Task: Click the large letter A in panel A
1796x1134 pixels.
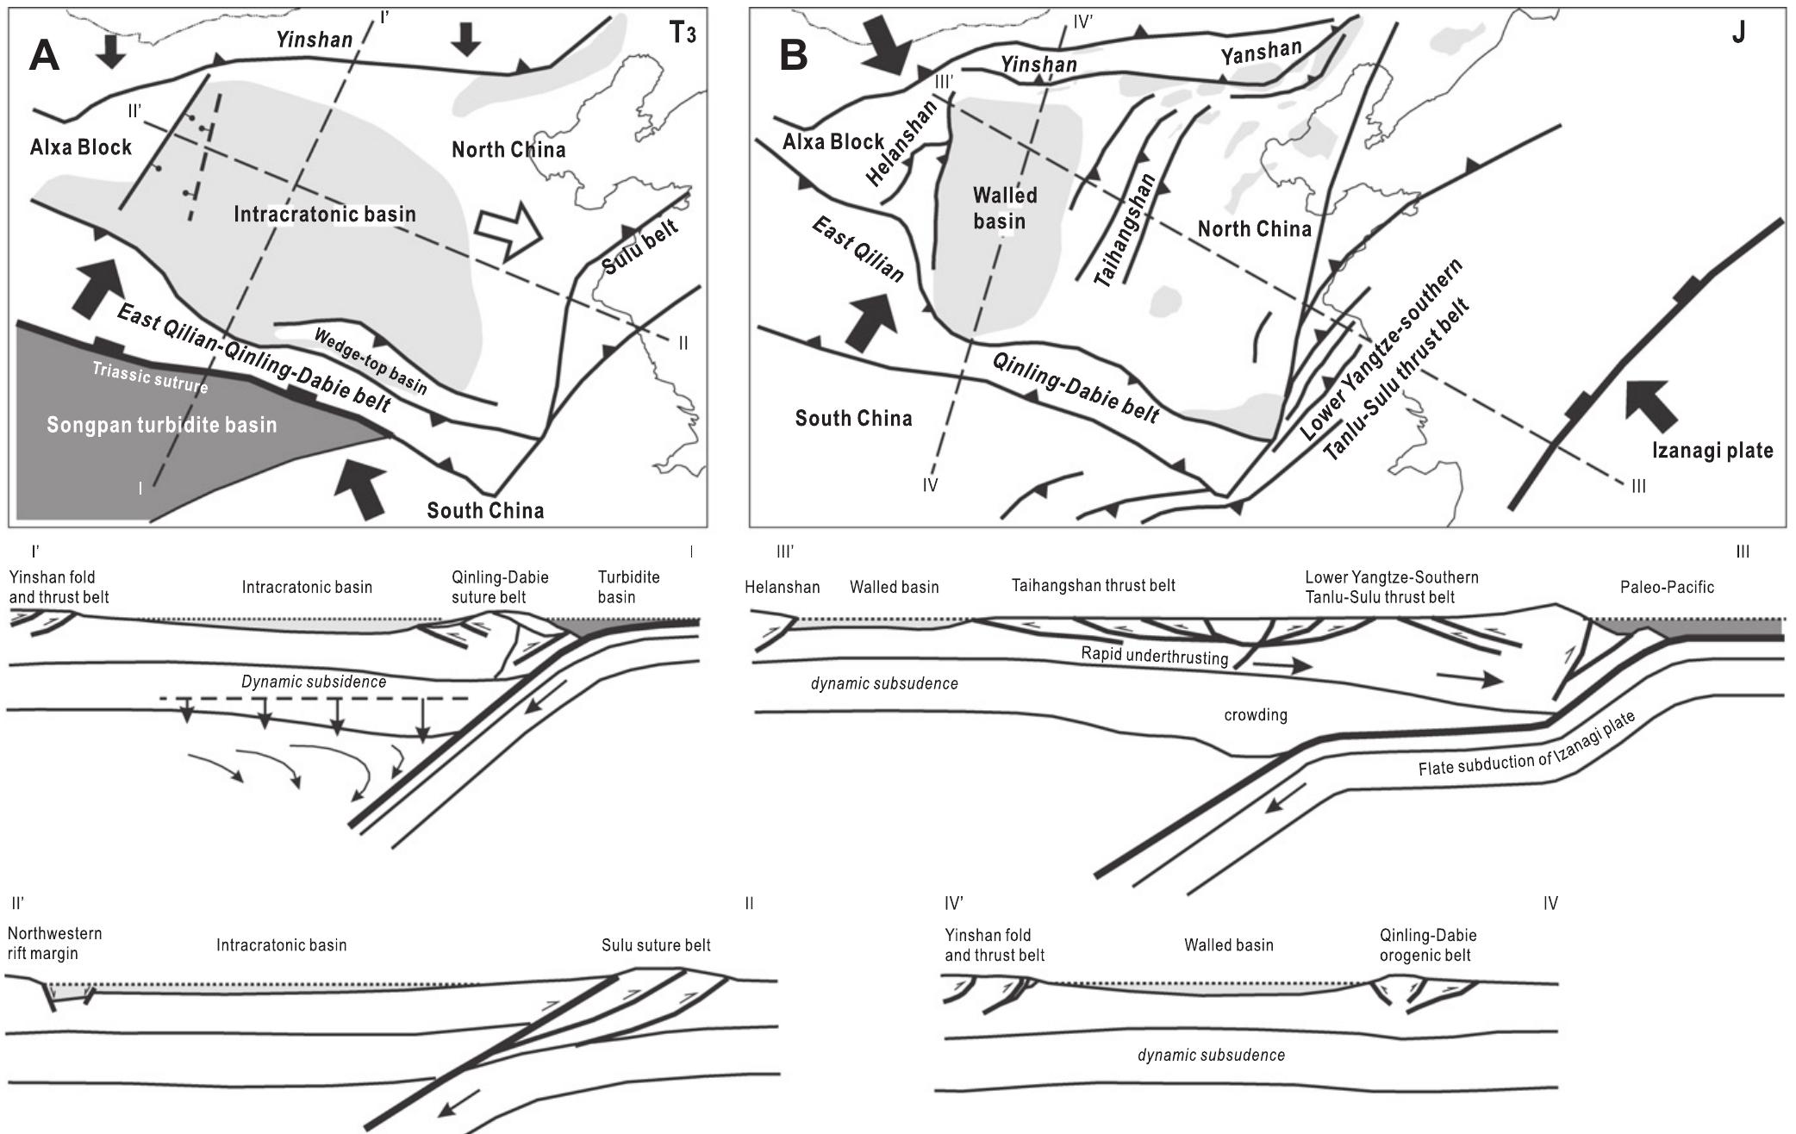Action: (x=44, y=57)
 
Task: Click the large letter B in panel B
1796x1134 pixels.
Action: (x=794, y=57)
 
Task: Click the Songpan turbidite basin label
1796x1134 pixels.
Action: (x=161, y=425)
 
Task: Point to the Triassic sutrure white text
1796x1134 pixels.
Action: (x=151, y=377)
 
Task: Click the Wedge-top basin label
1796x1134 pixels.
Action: (x=371, y=360)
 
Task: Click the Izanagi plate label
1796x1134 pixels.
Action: (x=1712, y=450)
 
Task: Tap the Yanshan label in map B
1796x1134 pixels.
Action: (x=1261, y=53)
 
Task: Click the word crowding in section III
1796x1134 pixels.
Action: (x=1255, y=715)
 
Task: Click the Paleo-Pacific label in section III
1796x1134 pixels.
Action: (x=1667, y=587)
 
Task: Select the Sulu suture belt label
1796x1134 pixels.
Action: (x=656, y=945)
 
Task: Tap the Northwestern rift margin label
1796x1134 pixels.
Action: (x=54, y=944)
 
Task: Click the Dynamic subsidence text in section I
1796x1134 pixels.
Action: (x=313, y=682)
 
